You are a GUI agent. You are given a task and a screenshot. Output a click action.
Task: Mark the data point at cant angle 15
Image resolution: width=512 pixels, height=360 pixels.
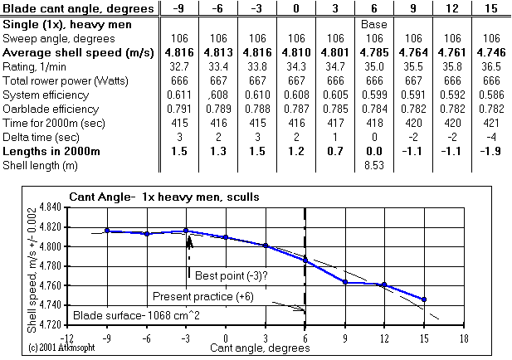click(x=424, y=299)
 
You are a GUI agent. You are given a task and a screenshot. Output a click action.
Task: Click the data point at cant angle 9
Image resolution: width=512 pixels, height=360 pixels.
click(x=344, y=283)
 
